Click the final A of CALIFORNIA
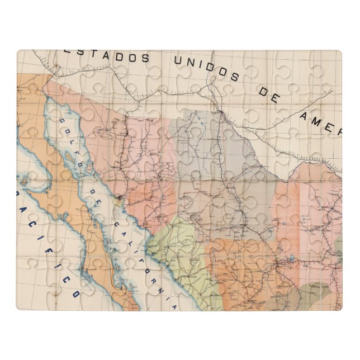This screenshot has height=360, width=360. tap(174, 306)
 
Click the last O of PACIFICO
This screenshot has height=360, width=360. tap(75, 292)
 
